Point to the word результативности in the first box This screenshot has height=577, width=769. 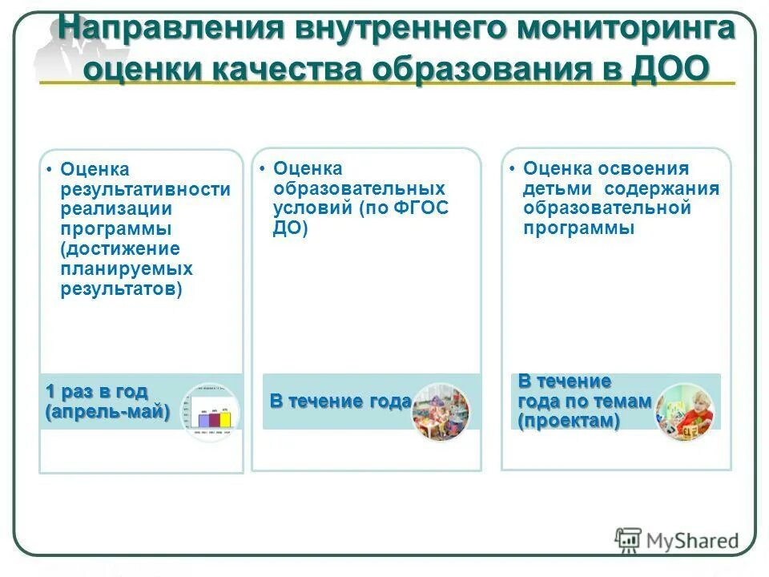146,189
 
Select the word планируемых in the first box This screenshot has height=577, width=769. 127,268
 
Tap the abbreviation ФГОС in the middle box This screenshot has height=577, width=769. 417,208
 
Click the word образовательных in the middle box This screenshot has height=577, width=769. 359,188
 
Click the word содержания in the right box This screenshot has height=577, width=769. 662,188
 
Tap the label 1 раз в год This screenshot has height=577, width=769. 96,392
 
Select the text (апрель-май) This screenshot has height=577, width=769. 107,412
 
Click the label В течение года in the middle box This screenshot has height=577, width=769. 340,401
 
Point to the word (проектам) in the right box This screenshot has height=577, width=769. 568,422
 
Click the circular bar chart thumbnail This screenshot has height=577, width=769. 209,412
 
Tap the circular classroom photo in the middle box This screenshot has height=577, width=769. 441,412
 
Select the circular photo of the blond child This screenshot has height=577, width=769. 684,412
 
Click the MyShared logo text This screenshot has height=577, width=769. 694,540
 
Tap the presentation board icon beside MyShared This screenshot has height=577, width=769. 628,540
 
